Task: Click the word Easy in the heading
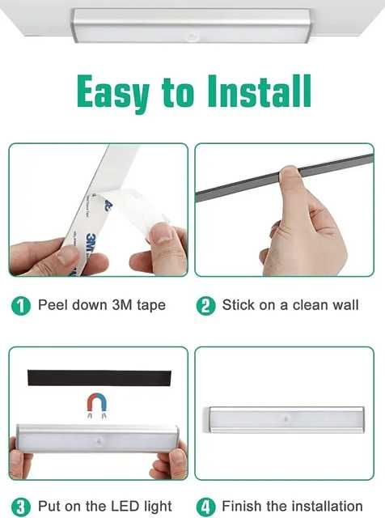pyautogui.click(x=112, y=93)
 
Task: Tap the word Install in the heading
pyautogui.click(x=260, y=91)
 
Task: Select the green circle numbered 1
pyautogui.click(x=21, y=306)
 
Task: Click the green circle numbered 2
pyautogui.click(x=205, y=306)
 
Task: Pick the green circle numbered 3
pyautogui.click(x=21, y=507)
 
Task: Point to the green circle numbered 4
pyautogui.click(x=205, y=507)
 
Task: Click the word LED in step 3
pyautogui.click(x=125, y=506)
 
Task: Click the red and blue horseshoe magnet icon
pyautogui.click(x=97, y=405)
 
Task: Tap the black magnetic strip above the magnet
pyautogui.click(x=99, y=378)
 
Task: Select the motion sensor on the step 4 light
pyautogui.click(x=286, y=419)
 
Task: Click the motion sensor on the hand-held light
pyautogui.click(x=99, y=440)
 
